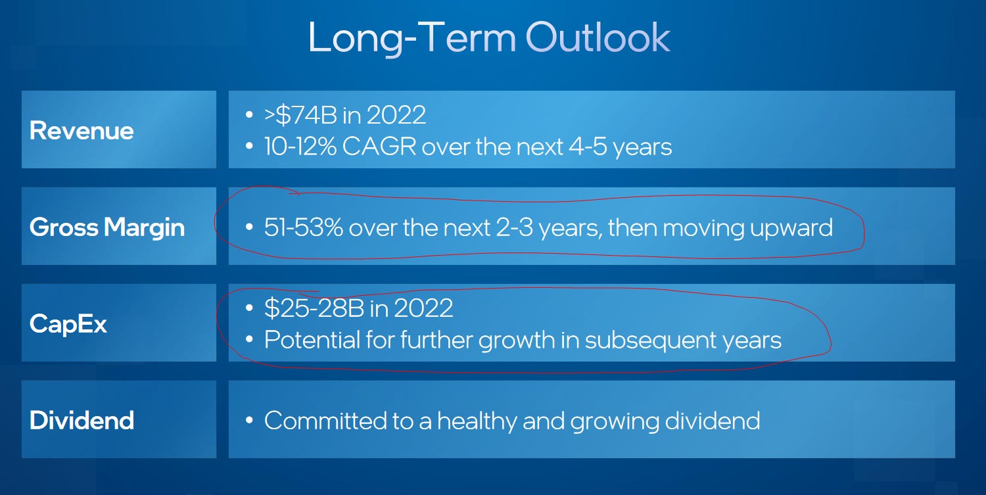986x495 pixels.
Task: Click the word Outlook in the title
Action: point(598,37)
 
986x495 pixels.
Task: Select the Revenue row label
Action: point(82,131)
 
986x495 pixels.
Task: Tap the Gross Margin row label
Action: point(107,228)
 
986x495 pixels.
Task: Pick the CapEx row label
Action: point(68,325)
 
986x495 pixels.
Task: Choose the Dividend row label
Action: point(82,420)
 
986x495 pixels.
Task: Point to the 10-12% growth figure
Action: point(300,147)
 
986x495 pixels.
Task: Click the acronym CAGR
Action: point(379,147)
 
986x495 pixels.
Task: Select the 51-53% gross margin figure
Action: point(303,227)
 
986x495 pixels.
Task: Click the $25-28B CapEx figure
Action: point(314,308)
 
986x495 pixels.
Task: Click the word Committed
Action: point(325,421)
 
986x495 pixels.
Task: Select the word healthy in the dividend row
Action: point(477,421)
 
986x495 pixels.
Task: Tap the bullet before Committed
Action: point(249,421)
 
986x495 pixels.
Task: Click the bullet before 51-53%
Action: point(249,227)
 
